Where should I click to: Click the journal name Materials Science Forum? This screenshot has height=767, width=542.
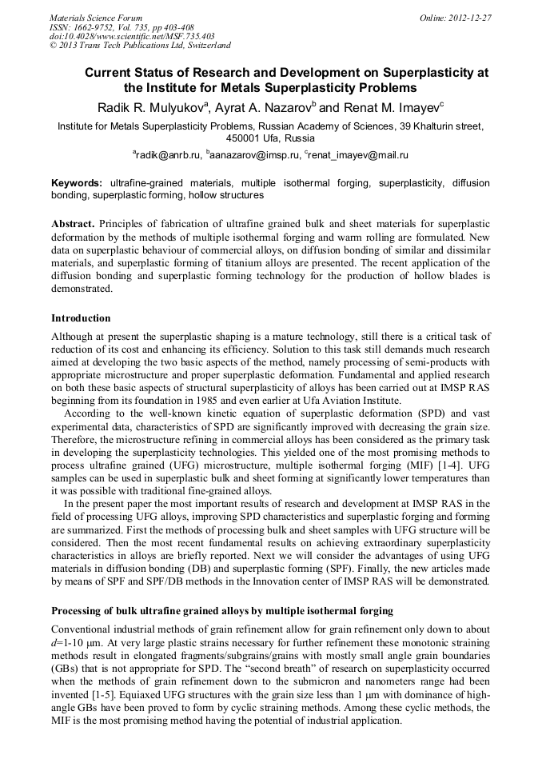96,18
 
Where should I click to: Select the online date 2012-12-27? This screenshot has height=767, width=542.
471,18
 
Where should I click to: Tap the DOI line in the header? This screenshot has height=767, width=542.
132,36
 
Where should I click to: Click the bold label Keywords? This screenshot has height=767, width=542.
77,183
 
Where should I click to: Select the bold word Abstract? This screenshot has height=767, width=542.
74,225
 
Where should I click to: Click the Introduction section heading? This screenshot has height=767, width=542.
81,318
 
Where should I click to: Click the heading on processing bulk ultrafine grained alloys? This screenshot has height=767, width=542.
222,611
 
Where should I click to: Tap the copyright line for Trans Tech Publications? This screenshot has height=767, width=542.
140,46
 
